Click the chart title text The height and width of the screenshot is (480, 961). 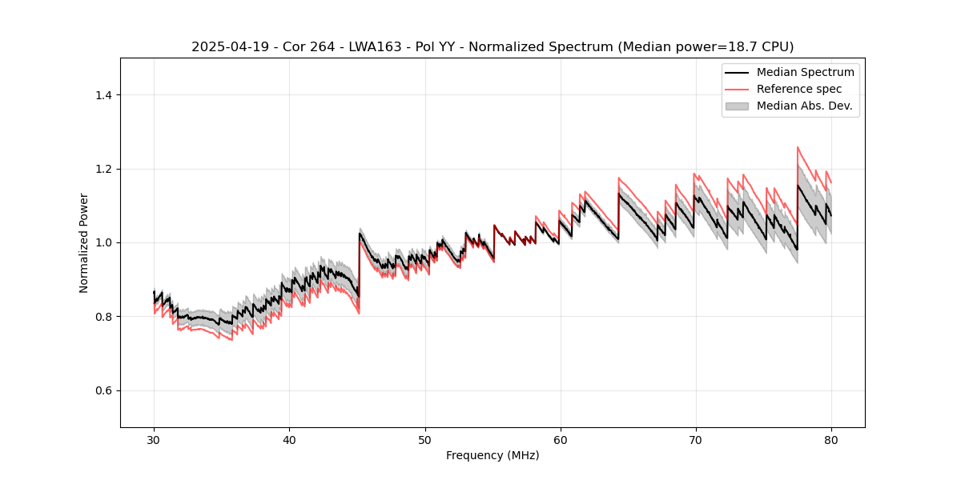[493, 47]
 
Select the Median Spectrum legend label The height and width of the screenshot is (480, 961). [805, 72]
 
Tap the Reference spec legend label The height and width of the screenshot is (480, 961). [799, 89]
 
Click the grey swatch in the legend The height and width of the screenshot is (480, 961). [737, 106]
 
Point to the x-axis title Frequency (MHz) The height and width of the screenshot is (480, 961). [493, 455]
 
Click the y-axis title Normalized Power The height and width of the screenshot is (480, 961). [84, 242]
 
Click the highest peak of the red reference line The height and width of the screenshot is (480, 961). [798, 147]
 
